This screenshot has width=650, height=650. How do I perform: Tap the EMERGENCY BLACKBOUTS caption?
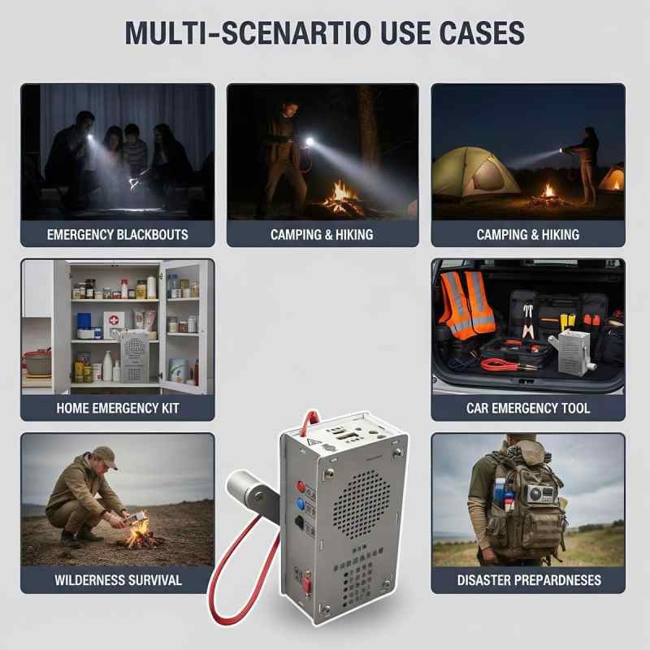117,235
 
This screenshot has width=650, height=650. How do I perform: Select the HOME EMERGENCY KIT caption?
118,409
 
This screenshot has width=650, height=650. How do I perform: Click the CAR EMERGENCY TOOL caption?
527,409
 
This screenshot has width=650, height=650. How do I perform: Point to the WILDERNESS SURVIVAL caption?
118,580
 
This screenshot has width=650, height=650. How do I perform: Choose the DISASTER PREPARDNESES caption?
529,580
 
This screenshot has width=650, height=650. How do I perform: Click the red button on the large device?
301,487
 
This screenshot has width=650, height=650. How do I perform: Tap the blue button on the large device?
301,505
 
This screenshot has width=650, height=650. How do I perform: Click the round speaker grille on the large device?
361,504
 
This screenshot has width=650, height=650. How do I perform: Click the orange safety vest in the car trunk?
466,304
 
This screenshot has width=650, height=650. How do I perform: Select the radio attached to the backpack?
540,494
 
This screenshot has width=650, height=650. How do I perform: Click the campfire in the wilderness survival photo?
138,534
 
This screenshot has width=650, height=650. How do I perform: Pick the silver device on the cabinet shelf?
135,357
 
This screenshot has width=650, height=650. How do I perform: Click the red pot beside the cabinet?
38,362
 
